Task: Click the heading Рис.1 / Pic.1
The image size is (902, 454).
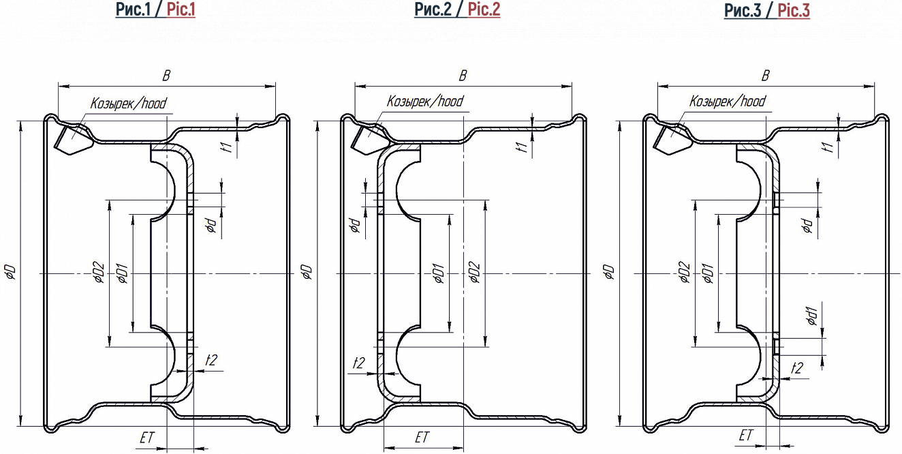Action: tap(155, 10)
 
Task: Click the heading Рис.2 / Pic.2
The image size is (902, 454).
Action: tap(457, 10)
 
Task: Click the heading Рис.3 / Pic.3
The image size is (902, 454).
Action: tap(766, 10)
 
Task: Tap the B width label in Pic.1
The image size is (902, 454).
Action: tap(166, 76)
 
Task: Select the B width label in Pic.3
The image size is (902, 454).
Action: tap(766, 76)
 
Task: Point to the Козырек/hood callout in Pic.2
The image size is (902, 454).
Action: tap(425, 101)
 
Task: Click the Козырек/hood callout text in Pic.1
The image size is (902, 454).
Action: tap(128, 103)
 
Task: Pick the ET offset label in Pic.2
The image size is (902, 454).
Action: tap(422, 437)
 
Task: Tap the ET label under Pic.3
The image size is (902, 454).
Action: tap(746, 435)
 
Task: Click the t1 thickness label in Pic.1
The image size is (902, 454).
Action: tap(228, 147)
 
